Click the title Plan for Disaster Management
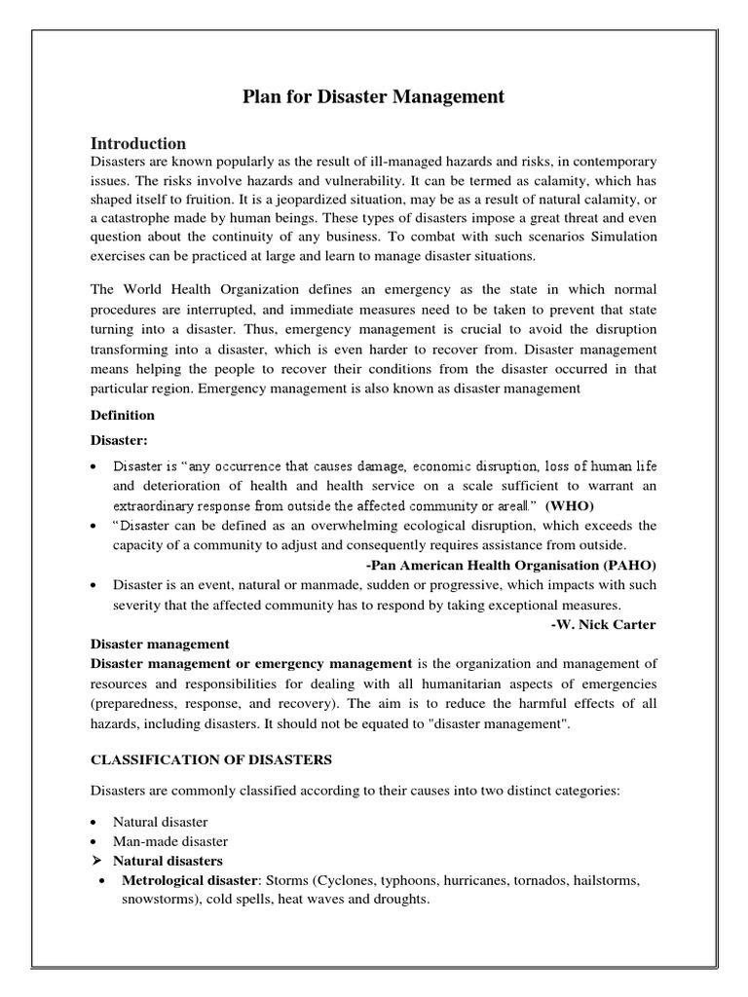(x=373, y=96)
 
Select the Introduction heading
(x=138, y=143)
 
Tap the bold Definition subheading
(x=123, y=415)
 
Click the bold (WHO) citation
(x=569, y=505)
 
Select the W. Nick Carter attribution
(x=603, y=624)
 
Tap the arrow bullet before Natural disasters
(x=96, y=861)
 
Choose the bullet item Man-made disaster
(x=170, y=841)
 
